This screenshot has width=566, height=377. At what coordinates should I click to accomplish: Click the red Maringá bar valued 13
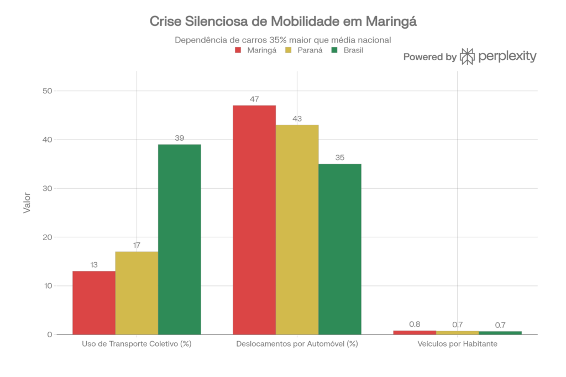[93, 302]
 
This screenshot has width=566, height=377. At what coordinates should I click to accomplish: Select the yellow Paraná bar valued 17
[137, 293]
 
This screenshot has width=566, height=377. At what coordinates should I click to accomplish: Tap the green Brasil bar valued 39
[180, 239]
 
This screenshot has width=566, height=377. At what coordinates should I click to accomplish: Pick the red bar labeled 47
[254, 220]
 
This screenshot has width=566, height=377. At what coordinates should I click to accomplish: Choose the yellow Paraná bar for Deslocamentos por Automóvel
[297, 229]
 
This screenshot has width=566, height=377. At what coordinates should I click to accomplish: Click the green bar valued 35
[340, 248]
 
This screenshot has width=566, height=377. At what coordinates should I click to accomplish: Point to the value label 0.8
[415, 324]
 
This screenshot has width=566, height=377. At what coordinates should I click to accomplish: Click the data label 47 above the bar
[254, 100]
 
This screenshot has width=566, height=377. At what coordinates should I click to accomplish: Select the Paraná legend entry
[303, 50]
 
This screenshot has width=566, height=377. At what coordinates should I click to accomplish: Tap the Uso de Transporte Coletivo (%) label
[137, 344]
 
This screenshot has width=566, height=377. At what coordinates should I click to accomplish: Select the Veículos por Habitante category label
[457, 344]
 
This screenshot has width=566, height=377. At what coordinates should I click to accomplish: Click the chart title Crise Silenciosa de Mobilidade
[282, 22]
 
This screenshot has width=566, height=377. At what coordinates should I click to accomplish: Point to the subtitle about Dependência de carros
[282, 40]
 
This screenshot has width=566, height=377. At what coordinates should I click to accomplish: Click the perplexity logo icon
[468, 56]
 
